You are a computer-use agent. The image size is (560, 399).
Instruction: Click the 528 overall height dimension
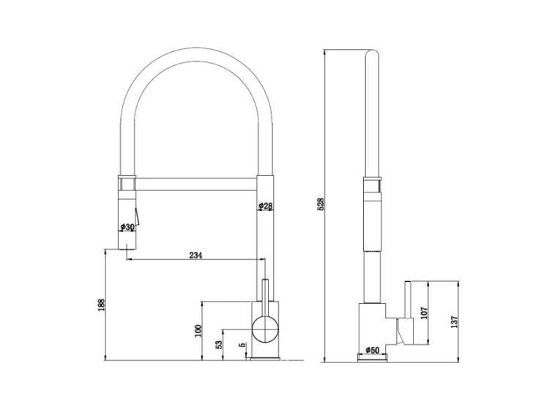tap(321, 204)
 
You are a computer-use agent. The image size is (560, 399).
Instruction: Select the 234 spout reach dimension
tap(195, 255)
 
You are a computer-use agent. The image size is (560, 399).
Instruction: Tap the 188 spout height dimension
tap(102, 305)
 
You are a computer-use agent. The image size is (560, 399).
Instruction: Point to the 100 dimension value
tap(199, 331)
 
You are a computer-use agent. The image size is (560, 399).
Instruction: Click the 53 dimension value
tap(219, 344)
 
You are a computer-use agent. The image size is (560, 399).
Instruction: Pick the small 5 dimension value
tap(242, 345)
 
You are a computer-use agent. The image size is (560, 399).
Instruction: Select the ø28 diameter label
tap(266, 206)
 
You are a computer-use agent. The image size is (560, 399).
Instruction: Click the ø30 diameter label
tap(127, 226)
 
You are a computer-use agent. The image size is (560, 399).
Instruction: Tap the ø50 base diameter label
tap(372, 350)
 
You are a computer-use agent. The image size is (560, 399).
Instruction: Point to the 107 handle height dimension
tap(424, 313)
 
